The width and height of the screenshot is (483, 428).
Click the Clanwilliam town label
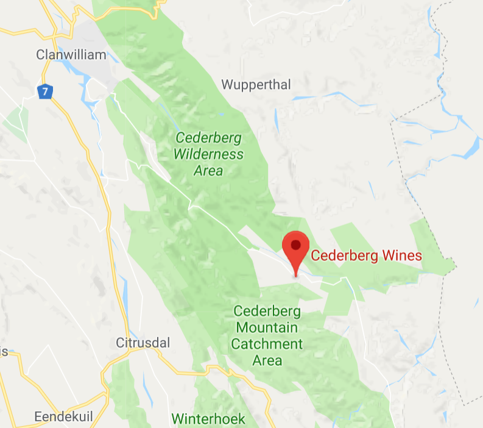(x=71, y=55)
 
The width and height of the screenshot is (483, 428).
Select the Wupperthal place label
(x=256, y=85)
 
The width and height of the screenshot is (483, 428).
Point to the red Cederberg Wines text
(x=366, y=255)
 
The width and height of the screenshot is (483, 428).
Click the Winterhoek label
(x=208, y=419)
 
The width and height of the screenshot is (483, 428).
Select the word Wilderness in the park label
(x=208, y=154)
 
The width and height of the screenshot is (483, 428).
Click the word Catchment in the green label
(x=267, y=344)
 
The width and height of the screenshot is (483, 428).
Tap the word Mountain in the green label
(x=267, y=328)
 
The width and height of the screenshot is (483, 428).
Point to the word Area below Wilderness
(x=208, y=171)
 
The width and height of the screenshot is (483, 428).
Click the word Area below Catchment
(x=267, y=360)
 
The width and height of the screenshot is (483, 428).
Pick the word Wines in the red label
(x=402, y=255)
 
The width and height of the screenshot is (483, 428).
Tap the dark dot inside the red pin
(x=296, y=245)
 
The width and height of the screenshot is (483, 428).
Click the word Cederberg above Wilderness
(x=208, y=138)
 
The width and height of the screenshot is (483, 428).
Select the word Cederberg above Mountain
(x=267, y=312)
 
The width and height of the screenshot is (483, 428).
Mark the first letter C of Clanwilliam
(x=40, y=55)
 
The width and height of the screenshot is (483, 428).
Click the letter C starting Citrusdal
(x=119, y=343)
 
